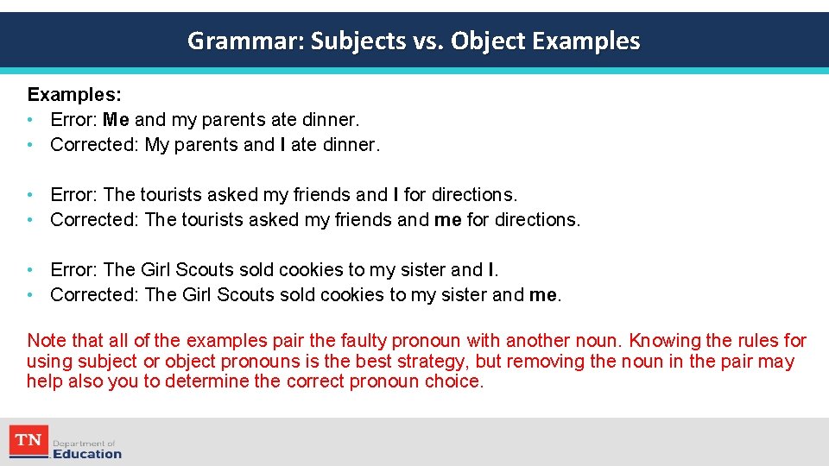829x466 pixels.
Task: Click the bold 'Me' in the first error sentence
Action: coord(116,119)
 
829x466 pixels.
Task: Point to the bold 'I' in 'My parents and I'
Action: coord(283,145)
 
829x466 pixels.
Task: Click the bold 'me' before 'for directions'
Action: coord(447,220)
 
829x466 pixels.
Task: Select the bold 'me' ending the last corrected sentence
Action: coord(542,295)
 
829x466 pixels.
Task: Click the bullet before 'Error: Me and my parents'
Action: coord(31,119)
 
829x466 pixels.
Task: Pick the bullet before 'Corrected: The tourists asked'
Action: coord(31,220)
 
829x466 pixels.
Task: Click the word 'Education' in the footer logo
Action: coord(87,454)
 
